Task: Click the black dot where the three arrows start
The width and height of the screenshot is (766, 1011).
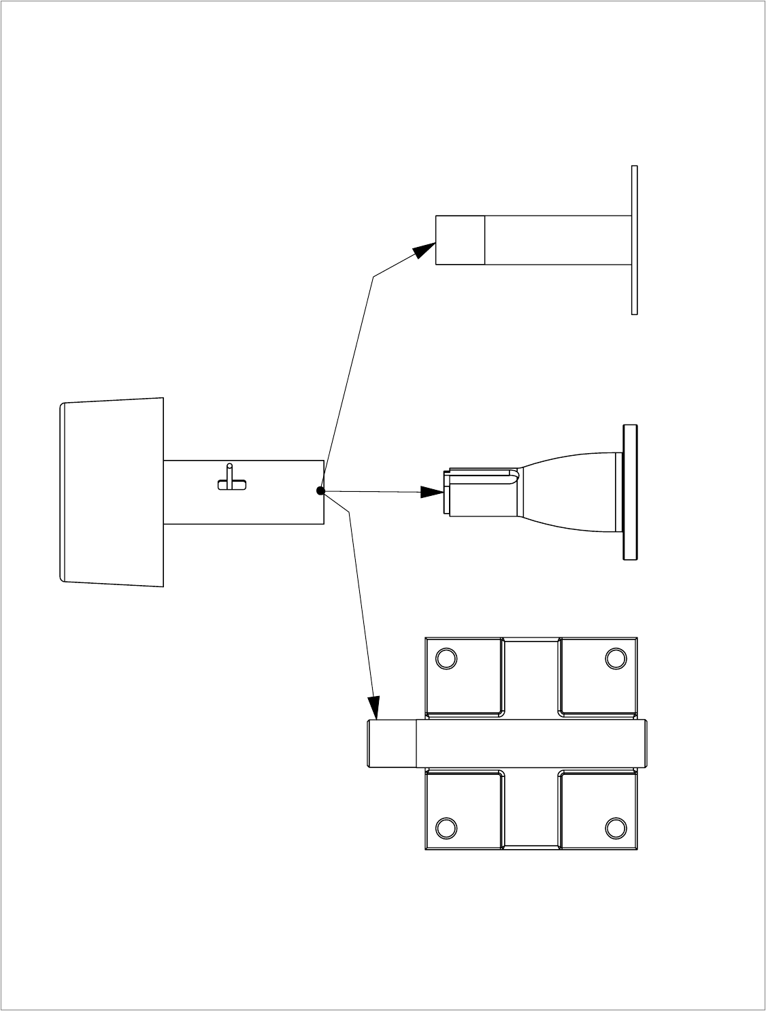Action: point(320,491)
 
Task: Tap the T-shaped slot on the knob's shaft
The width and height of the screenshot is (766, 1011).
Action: point(231,480)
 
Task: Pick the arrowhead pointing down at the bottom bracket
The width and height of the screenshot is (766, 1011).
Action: point(373,708)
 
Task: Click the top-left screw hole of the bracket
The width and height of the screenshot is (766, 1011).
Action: point(446,659)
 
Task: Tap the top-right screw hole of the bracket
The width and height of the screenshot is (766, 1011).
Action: point(616,659)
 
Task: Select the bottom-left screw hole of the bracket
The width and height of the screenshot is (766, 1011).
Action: point(446,827)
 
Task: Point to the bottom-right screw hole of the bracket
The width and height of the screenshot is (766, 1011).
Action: point(616,827)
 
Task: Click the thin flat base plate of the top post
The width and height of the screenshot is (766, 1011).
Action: point(635,240)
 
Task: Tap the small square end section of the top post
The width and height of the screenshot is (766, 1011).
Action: point(460,240)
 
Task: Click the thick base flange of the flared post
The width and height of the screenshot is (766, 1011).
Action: point(630,493)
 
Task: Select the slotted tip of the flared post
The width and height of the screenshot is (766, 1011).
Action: point(480,492)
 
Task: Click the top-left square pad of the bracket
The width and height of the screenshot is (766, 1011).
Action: point(463,677)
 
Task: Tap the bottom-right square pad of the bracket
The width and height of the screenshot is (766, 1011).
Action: point(599,810)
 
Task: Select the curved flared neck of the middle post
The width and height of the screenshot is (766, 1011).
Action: point(568,492)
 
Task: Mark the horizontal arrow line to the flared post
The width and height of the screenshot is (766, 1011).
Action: point(374,491)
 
